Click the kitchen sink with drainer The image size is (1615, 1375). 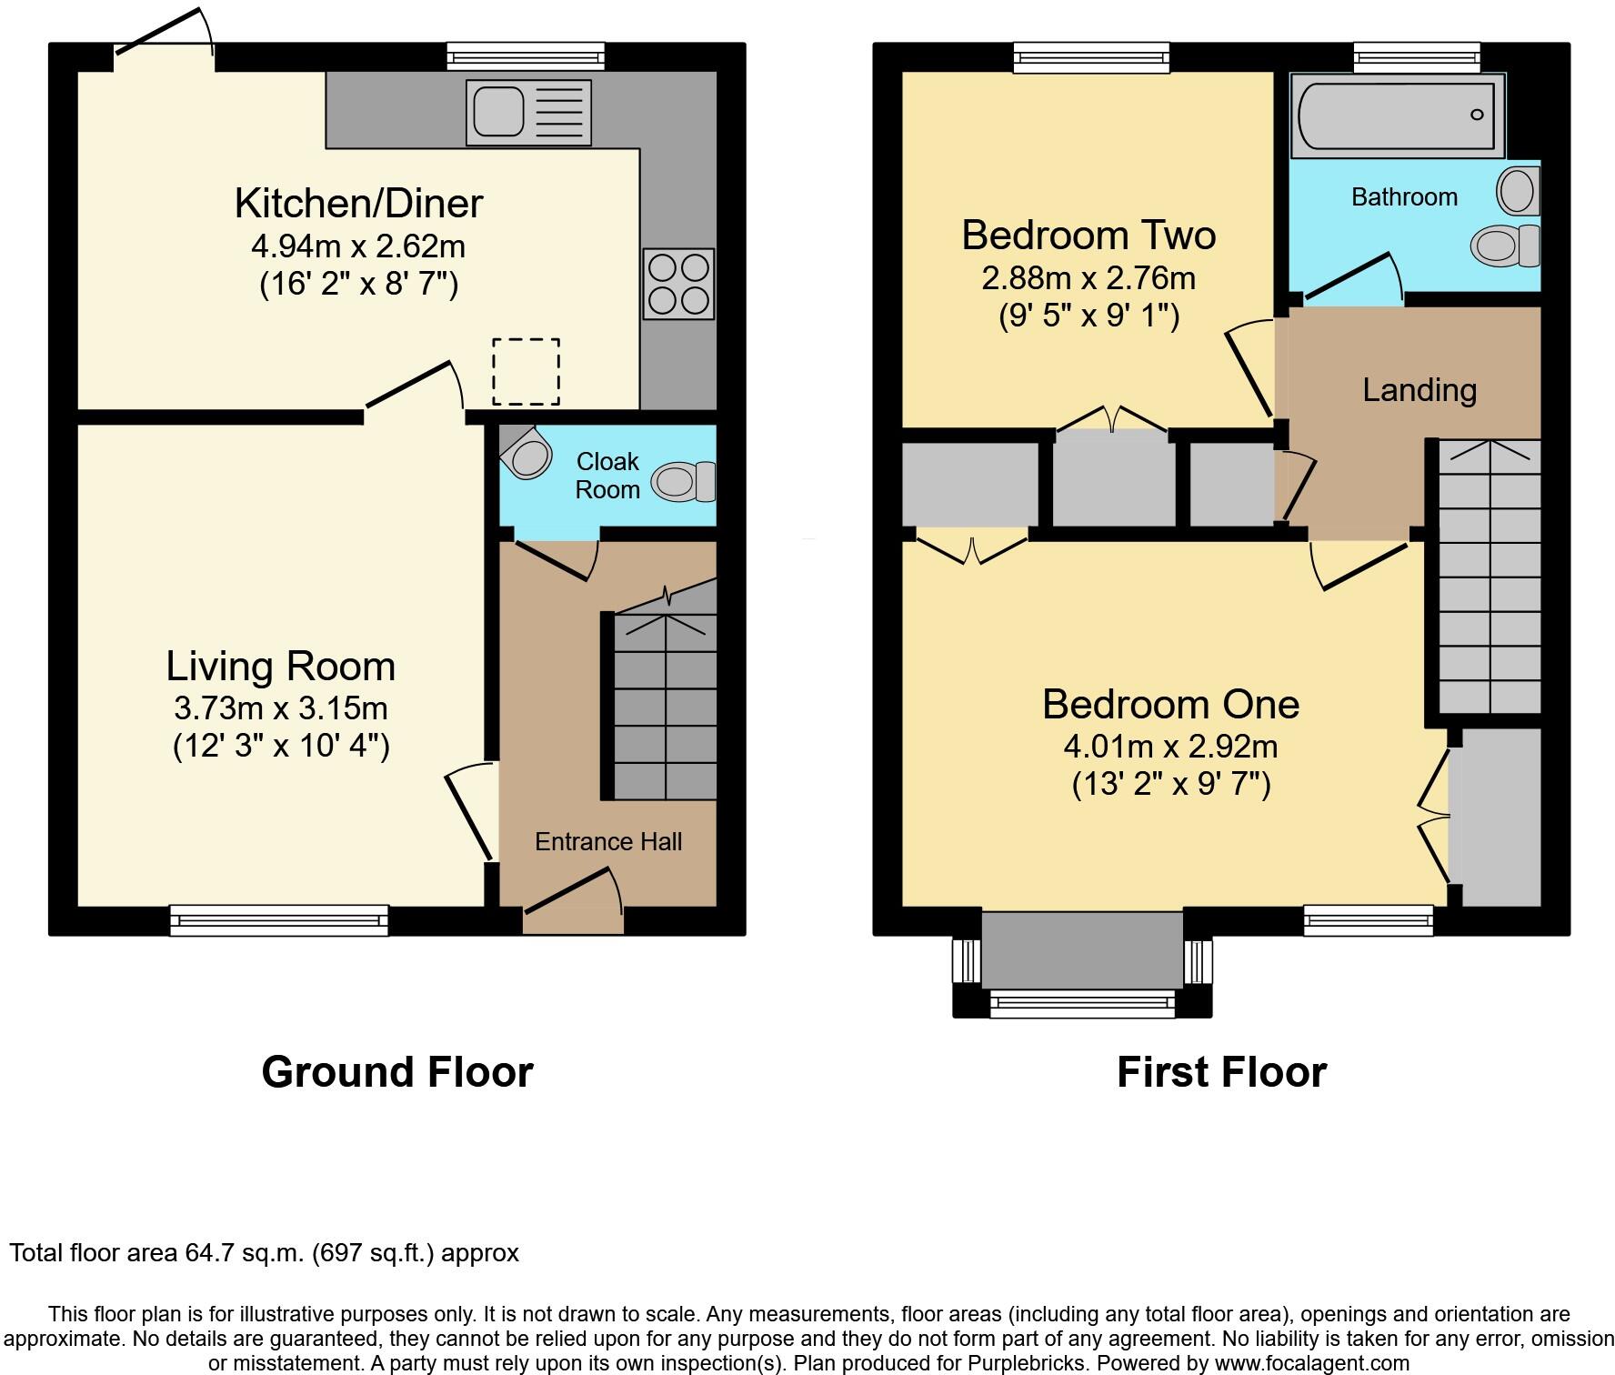[528, 112]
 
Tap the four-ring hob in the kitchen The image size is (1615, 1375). [678, 284]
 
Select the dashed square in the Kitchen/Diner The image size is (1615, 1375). [526, 371]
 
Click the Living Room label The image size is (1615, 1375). [280, 667]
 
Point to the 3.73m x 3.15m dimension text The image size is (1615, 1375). [280, 708]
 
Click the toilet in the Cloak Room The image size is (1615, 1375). [684, 481]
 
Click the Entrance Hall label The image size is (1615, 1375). [607, 842]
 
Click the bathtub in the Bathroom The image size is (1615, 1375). [1395, 115]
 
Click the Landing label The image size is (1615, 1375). [1419, 390]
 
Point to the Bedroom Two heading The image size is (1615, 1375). [1088, 236]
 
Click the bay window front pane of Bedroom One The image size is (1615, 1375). [1082, 1003]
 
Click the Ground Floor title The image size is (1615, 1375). [396, 1072]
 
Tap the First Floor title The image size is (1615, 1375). [1220, 1072]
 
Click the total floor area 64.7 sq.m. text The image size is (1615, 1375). [264, 1253]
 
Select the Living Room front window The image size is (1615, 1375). [279, 920]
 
